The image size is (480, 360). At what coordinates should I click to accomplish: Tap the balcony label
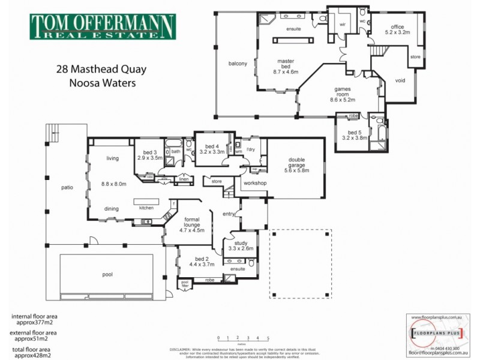point(238,64)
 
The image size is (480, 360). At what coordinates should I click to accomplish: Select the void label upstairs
point(401,80)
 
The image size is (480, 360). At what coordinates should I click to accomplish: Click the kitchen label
point(147,208)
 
